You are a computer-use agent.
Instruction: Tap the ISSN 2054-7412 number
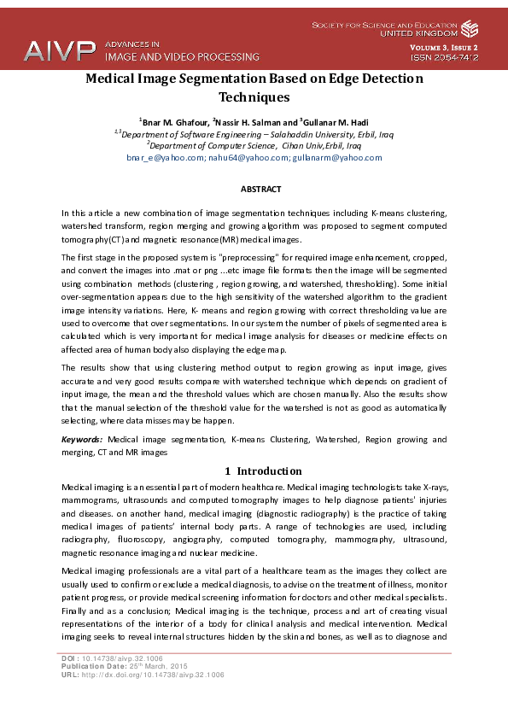pyautogui.click(x=444, y=58)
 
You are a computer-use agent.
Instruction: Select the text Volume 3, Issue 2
pyautogui.click(x=443, y=47)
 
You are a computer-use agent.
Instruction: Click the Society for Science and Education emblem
pyautogui.click(x=470, y=28)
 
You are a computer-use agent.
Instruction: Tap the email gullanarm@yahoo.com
pyautogui.click(x=336, y=158)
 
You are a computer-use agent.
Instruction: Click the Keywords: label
pyautogui.click(x=82, y=439)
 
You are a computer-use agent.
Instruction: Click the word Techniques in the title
pyautogui.click(x=254, y=97)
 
